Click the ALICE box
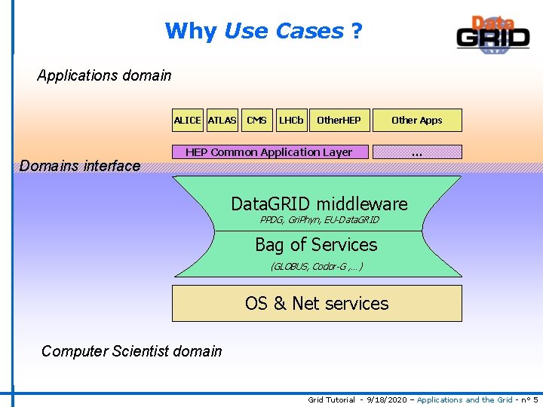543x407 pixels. [188, 121]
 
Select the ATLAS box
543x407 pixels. [222, 121]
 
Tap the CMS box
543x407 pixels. [256, 121]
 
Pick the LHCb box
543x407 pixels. [291, 121]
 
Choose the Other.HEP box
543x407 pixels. [339, 121]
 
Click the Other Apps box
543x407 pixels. [417, 121]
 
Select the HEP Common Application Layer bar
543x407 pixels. [269, 152]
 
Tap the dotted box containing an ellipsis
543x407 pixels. [417, 152]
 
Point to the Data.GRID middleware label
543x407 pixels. [319, 203]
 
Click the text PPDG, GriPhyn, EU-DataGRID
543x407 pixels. [319, 220]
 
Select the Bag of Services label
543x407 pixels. [316, 245]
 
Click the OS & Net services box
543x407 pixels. [317, 303]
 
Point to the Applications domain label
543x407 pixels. [104, 75]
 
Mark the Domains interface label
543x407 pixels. [80, 166]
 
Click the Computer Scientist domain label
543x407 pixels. [132, 351]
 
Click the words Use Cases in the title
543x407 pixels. [284, 32]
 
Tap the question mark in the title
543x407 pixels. [356, 32]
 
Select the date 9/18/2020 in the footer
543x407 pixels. [386, 399]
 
